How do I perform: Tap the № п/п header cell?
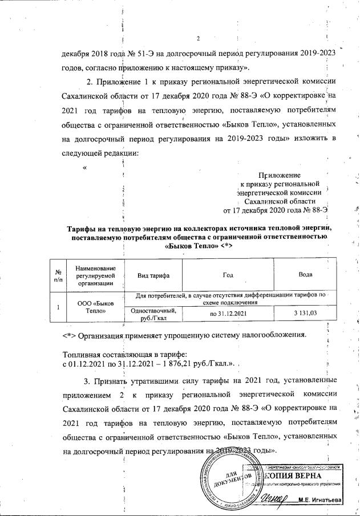coord(58,274)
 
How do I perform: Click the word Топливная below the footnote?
coord(80,354)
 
